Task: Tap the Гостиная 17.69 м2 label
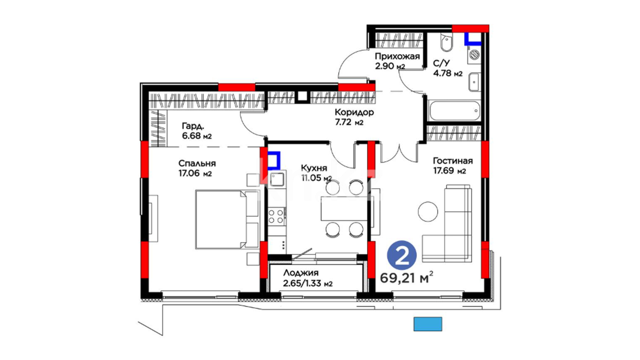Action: coord(453,166)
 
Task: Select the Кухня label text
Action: coord(314,168)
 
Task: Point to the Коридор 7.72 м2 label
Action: coord(354,117)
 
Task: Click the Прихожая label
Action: coord(397,56)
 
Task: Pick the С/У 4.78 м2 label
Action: coord(448,68)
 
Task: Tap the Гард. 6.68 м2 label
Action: coord(197,131)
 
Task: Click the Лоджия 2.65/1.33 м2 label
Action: coord(308,278)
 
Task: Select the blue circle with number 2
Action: coord(402,255)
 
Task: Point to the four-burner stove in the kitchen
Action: coord(276,216)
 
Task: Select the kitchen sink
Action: coord(277,179)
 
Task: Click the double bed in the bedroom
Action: coord(227,219)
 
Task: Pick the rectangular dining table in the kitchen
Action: coord(344,208)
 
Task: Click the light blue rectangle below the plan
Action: coord(428,324)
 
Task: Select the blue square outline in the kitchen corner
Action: coord(274,161)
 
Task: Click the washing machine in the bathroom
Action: coord(474,54)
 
